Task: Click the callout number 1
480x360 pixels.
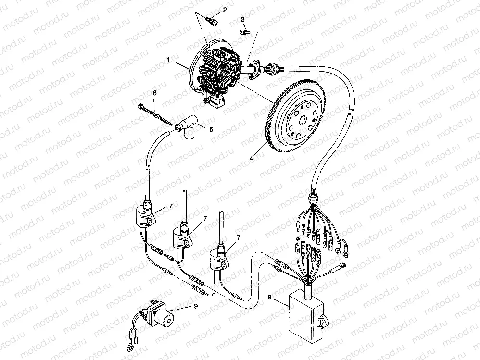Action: pos(168,60)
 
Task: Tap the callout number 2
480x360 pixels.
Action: pos(225,10)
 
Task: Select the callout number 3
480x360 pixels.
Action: pos(243,20)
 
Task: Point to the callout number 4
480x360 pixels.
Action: pos(251,159)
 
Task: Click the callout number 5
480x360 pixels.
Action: pos(211,129)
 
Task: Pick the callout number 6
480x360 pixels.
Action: pos(154,93)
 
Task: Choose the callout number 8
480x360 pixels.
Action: pos(269,297)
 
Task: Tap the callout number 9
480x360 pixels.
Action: pos(196,306)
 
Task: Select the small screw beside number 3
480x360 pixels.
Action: pos(245,32)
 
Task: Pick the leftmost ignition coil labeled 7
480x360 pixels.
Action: pos(145,216)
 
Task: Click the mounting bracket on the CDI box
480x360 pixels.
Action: pos(323,322)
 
